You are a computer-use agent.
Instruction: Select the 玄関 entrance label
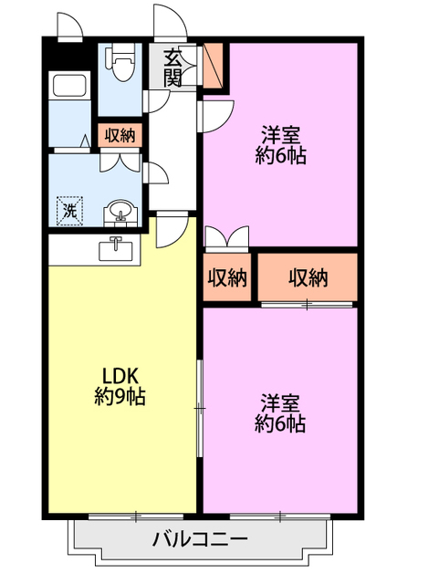click(172, 68)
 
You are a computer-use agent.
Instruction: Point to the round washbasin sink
click(119, 212)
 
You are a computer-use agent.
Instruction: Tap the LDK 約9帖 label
click(120, 387)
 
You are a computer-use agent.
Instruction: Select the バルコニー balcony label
click(200, 539)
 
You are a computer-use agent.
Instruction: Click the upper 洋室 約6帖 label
click(280, 144)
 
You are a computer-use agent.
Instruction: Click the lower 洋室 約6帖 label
click(280, 413)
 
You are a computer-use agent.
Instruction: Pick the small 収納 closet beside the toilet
click(120, 136)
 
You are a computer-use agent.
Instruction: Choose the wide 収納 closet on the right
click(308, 278)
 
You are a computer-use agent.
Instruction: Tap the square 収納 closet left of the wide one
click(227, 278)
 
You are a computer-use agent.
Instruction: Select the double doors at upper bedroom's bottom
click(224, 236)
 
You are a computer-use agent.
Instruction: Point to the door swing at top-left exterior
click(69, 26)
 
